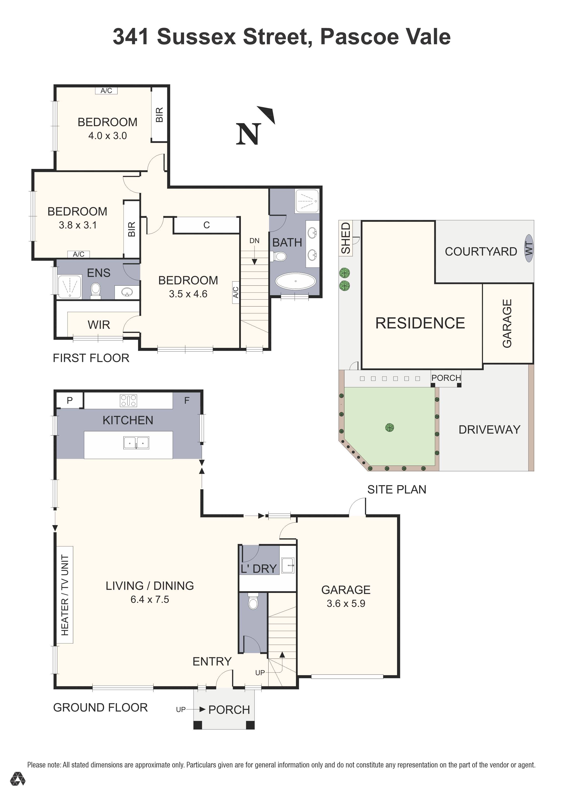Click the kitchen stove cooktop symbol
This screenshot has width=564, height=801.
pos(128,400)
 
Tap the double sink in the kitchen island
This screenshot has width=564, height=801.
pos(136,443)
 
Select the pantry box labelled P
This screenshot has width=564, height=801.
pos(70,400)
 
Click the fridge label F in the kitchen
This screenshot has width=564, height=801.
pos(187,400)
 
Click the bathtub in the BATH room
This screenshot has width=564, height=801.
pos(295,281)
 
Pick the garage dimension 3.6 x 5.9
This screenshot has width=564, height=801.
pos(346,603)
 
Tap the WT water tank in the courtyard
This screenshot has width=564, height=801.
pos(529,248)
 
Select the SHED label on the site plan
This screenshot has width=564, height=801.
pos(346,238)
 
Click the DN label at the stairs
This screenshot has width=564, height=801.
pos(254,241)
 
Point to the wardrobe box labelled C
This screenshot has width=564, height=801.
pos(207,225)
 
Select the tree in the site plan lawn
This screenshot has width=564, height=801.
pos(390,427)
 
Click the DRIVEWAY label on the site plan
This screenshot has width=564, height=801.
pos(489,429)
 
